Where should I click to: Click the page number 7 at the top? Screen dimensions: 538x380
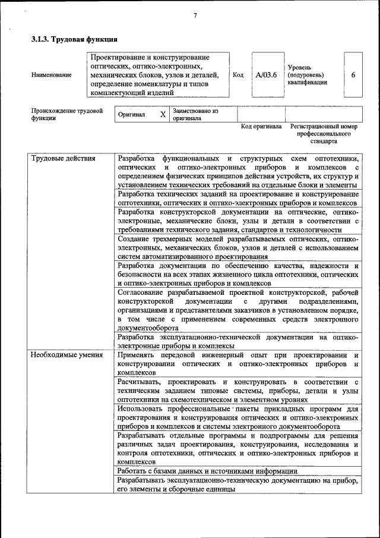195,15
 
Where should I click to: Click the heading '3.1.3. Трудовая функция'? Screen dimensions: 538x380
74,39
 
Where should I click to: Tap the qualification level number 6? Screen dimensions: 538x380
354,75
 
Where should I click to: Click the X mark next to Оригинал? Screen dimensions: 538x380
162,114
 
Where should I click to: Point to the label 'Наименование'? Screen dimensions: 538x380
52,75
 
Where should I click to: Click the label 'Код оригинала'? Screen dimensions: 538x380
261,127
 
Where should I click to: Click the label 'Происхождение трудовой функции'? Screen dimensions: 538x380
66,114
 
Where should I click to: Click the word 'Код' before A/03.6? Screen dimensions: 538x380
238,75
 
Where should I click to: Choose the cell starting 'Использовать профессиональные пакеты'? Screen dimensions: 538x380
237,418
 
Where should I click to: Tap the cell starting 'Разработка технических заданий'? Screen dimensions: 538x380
237,199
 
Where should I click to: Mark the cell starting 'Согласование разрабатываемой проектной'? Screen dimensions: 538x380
237,310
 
